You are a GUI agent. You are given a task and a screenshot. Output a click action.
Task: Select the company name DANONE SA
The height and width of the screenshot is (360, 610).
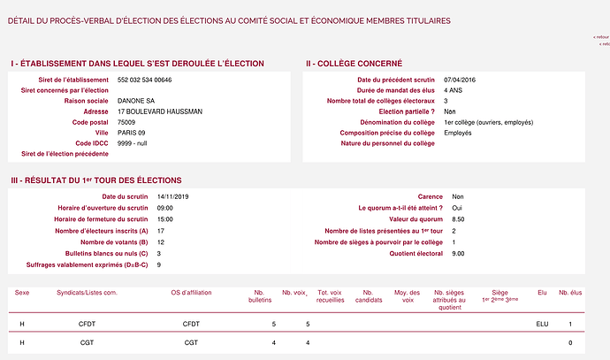point(138,101)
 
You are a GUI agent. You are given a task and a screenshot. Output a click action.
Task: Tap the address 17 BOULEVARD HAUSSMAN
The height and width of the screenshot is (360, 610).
point(159,111)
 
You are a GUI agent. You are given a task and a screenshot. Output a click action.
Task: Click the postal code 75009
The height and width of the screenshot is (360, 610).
point(128,122)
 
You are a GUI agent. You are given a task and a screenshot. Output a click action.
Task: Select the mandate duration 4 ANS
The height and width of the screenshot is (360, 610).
point(454,90)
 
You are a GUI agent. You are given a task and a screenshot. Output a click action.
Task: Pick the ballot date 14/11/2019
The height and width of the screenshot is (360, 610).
point(173,196)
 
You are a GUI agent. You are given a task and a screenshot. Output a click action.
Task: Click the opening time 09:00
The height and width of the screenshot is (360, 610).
point(164,208)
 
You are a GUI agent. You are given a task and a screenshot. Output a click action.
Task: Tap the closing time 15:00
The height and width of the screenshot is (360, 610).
point(164,218)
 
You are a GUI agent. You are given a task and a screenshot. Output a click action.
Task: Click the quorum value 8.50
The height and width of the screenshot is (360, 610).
point(458,218)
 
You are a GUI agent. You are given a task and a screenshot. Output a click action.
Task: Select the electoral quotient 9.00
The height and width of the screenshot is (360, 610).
point(458,253)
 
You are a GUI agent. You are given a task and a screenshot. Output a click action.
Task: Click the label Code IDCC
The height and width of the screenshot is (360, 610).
point(93,143)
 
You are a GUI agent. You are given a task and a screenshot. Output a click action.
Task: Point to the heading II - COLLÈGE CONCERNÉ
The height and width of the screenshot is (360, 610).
point(354,64)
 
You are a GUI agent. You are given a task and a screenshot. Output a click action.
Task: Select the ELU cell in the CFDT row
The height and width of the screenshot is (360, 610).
point(542,325)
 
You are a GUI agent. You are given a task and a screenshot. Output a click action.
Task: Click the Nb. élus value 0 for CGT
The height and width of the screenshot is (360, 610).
point(570,342)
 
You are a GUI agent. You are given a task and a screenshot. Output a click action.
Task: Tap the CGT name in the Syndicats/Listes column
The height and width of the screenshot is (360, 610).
point(87,342)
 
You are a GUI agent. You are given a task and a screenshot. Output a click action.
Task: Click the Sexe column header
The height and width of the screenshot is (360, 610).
point(22,291)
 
